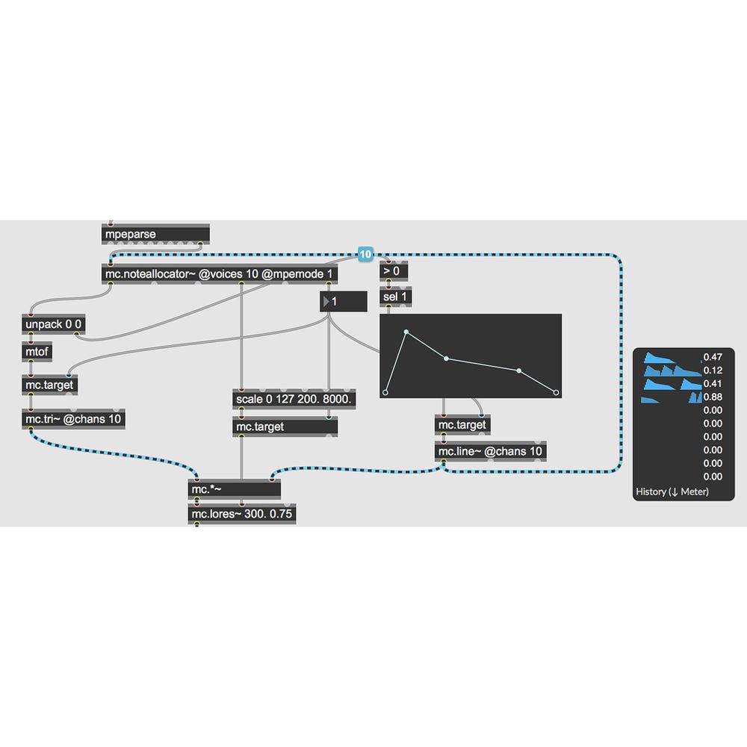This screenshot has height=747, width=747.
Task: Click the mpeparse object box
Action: tap(155, 235)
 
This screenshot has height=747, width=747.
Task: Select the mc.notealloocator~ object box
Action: tap(219, 274)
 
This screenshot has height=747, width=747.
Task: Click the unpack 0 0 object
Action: tap(54, 325)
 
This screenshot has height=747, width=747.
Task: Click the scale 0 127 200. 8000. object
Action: tap(294, 400)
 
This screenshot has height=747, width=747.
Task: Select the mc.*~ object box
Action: tap(235, 489)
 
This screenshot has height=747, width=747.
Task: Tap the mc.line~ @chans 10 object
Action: tap(490, 452)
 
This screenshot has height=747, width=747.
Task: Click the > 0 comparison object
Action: tap(394, 271)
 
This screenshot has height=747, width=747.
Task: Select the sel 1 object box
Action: tap(396, 297)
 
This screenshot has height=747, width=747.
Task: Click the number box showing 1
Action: tap(344, 302)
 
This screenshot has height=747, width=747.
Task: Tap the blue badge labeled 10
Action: tap(365, 255)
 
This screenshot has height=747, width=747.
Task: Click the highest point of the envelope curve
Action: tap(406, 332)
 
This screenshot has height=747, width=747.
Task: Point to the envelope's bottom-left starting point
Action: tap(386, 391)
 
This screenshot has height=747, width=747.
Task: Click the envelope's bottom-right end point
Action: tap(556, 391)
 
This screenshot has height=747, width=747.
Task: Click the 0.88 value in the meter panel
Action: tap(713, 397)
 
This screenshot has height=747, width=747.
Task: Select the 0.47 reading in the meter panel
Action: tap(713, 357)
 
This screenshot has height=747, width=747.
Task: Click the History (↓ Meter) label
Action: tap(672, 492)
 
